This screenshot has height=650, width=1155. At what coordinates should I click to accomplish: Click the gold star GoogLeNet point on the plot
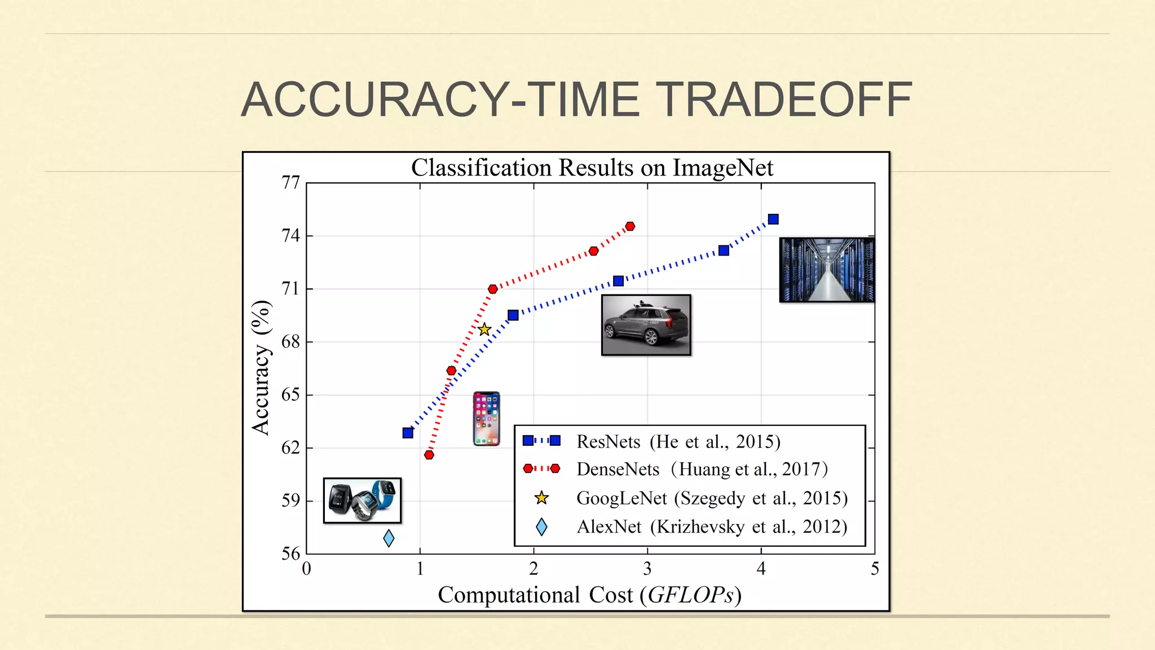[x=484, y=330]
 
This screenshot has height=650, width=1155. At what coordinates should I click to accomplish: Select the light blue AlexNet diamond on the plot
[x=389, y=538]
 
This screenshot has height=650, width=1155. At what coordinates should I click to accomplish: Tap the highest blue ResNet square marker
[x=773, y=219]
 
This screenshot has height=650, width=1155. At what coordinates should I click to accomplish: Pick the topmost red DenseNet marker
[x=630, y=226]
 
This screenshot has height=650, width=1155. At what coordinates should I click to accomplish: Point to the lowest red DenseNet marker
[x=429, y=455]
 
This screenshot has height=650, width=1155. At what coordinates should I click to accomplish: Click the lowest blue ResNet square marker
[x=408, y=433]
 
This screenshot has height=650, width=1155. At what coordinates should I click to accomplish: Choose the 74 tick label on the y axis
[x=290, y=236]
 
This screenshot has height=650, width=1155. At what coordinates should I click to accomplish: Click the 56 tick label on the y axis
[x=290, y=554]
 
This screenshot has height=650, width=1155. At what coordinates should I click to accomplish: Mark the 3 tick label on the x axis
[x=647, y=569]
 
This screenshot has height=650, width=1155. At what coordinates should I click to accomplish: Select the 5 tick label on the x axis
[x=875, y=569]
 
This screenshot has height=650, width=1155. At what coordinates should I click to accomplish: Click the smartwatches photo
[x=362, y=500]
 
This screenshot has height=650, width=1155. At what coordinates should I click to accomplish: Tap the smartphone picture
[x=486, y=419]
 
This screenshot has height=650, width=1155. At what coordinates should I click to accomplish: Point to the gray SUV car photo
[x=646, y=325]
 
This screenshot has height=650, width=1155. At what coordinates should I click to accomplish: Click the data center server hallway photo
[x=827, y=270]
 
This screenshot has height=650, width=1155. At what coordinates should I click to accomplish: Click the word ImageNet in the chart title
[x=723, y=168]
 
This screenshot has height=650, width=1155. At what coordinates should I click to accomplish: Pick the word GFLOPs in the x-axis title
[x=691, y=595]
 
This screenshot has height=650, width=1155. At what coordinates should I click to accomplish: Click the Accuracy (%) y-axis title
[x=261, y=368]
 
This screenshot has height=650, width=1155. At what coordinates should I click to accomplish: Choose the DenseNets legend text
[x=618, y=469]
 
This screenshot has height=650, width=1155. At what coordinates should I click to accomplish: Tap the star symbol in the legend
[x=541, y=498]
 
